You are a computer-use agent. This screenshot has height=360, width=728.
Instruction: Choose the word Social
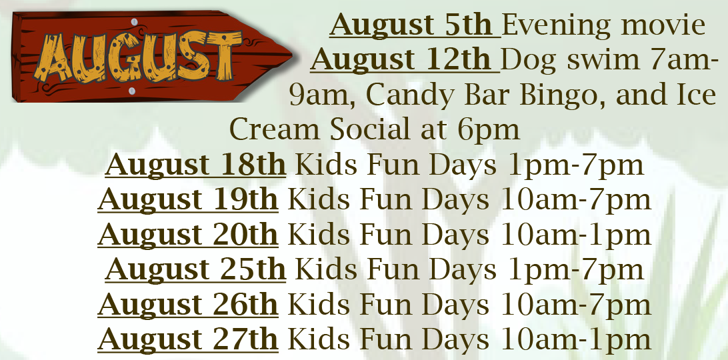click(371, 129)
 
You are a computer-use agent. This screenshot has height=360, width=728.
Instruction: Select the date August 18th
click(195, 165)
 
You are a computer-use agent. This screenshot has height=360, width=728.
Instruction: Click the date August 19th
click(188, 200)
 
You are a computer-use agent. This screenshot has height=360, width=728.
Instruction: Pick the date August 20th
click(188, 235)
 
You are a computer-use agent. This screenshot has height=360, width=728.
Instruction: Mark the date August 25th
click(195, 270)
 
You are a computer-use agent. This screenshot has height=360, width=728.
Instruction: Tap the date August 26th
click(188, 305)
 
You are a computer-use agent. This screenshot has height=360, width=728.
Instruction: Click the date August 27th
click(188, 339)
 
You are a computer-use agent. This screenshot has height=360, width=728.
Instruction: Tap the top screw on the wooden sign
click(134, 22)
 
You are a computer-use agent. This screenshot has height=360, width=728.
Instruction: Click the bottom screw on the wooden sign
click(131, 91)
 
